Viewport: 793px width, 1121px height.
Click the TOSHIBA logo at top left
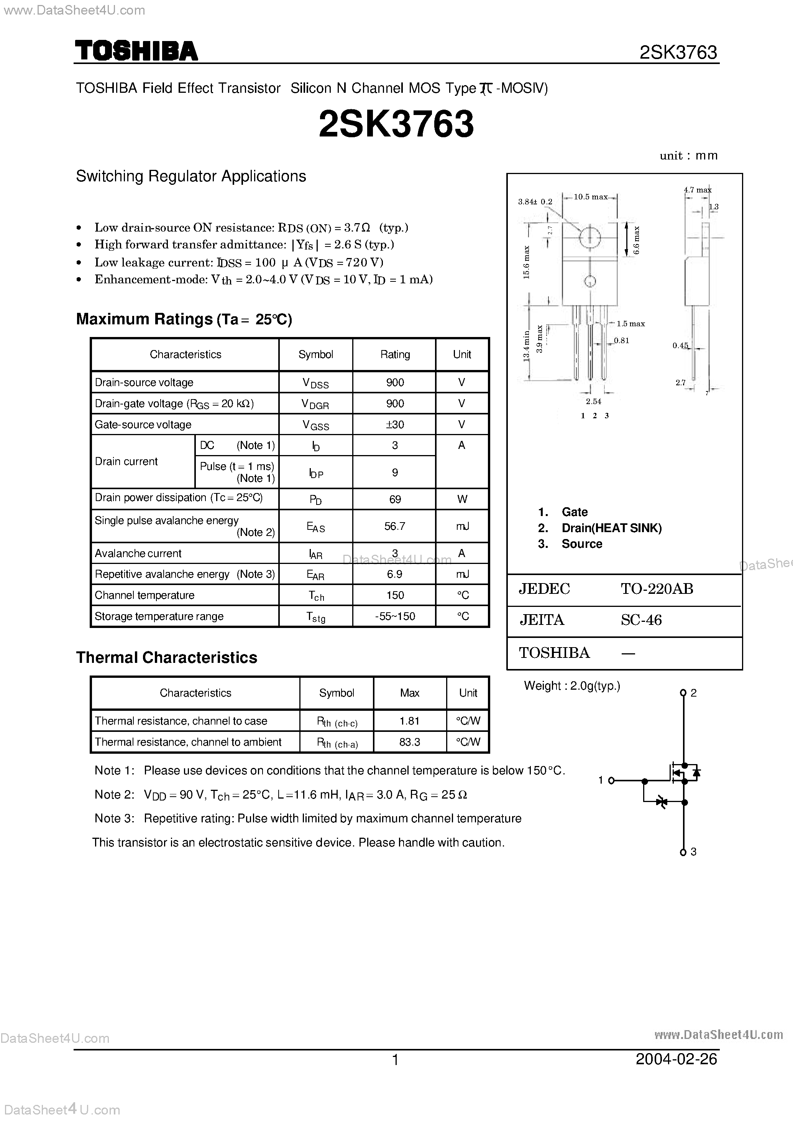pos(136,51)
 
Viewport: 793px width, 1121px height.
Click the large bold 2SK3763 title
pos(396,124)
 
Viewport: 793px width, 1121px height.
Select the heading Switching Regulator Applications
pos(191,176)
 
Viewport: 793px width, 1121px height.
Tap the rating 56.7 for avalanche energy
pos(394,526)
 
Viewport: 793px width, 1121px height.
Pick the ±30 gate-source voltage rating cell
pos(394,424)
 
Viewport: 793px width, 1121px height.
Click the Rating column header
pos(394,355)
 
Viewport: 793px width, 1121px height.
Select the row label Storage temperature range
pos(159,616)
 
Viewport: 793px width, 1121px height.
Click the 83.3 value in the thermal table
pos(409,742)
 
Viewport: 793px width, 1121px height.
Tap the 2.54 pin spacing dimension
pos(593,401)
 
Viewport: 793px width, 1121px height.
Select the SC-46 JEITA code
pos(641,620)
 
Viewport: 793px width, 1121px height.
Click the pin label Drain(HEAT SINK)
pos(611,528)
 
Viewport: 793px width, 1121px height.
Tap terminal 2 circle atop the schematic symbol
pos(683,693)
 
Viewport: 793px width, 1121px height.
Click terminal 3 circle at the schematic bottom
pos(683,852)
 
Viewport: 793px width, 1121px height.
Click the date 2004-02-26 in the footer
pos(676,1059)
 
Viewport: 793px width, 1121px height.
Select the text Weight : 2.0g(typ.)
pos(572,686)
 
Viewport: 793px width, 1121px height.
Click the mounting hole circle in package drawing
pos(590,238)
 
